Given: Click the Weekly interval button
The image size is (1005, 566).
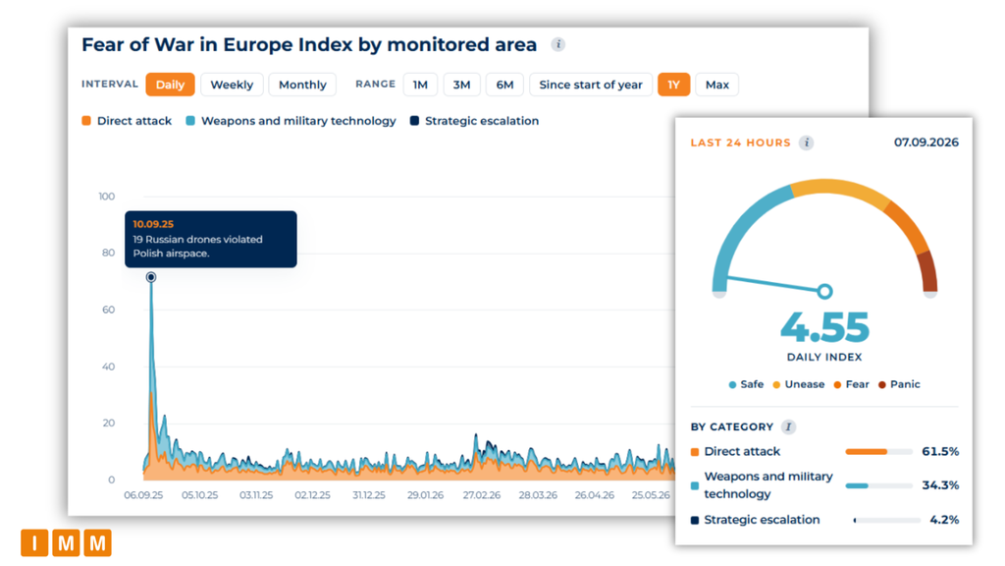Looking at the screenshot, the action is [232, 85].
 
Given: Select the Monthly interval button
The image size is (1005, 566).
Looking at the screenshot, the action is [302, 85].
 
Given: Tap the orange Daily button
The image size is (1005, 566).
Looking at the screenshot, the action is [170, 85].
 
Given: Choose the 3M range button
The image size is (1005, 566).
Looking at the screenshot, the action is [461, 85].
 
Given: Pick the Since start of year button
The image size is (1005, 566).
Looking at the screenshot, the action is [590, 85].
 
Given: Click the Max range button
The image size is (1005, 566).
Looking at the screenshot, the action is [717, 85].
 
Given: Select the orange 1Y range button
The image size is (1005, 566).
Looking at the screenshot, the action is [673, 85].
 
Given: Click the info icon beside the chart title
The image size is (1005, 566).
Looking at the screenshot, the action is [558, 44].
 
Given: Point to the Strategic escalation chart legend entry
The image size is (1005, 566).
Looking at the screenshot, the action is [474, 121].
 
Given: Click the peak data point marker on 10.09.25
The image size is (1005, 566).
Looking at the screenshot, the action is [150, 277].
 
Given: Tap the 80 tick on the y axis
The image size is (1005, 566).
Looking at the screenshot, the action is [108, 253].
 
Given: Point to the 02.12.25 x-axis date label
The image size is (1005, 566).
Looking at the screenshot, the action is [312, 495].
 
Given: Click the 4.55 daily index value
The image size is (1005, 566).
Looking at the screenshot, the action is [824, 327].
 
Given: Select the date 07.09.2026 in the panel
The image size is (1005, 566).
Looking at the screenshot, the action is [926, 142].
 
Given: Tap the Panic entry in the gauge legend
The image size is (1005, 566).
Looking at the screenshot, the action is [899, 384].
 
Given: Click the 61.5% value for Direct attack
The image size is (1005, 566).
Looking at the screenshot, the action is [940, 452].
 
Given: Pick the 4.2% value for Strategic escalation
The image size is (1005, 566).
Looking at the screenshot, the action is [944, 520].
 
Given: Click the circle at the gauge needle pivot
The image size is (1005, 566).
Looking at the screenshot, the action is [824, 291].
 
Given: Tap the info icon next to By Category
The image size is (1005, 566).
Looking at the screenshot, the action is [788, 426].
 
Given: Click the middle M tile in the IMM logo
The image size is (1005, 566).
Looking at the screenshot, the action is [66, 542].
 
